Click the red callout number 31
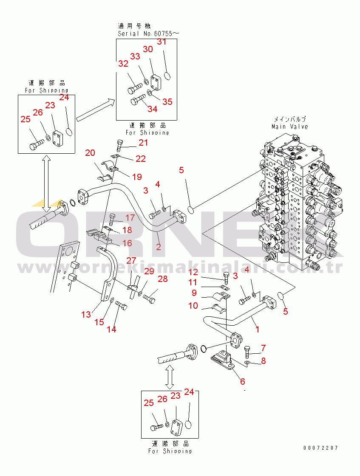pos(162,42)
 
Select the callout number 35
pos(167,101)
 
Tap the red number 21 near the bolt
pos(144,143)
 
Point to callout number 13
pos(86,314)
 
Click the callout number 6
pos(243,381)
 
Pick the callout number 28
pos(163,279)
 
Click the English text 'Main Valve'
pos(290,127)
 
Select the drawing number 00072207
pos(321,448)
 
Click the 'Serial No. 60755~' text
pos(145,34)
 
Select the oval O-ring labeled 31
pos(167,76)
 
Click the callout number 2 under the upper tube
pos(159,247)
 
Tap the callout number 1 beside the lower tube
pos(257,329)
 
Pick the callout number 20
pos(90,153)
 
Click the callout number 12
pos(193,272)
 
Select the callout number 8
pos(263,361)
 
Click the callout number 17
pos(130,218)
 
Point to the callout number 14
pos(111,329)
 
